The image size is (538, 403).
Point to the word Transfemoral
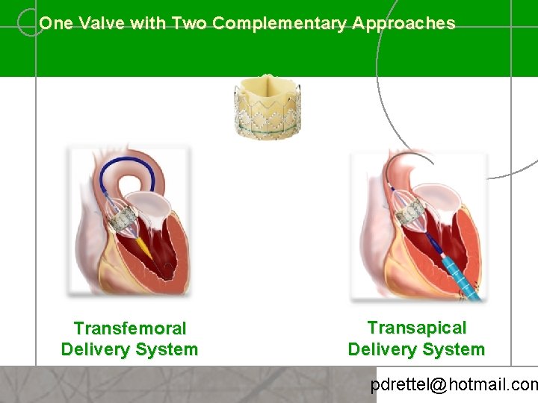130,328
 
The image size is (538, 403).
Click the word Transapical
416,328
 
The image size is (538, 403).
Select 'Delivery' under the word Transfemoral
93,349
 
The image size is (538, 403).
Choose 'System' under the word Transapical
456,349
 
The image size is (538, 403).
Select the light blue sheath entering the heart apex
457,272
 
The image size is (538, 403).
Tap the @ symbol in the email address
439,386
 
